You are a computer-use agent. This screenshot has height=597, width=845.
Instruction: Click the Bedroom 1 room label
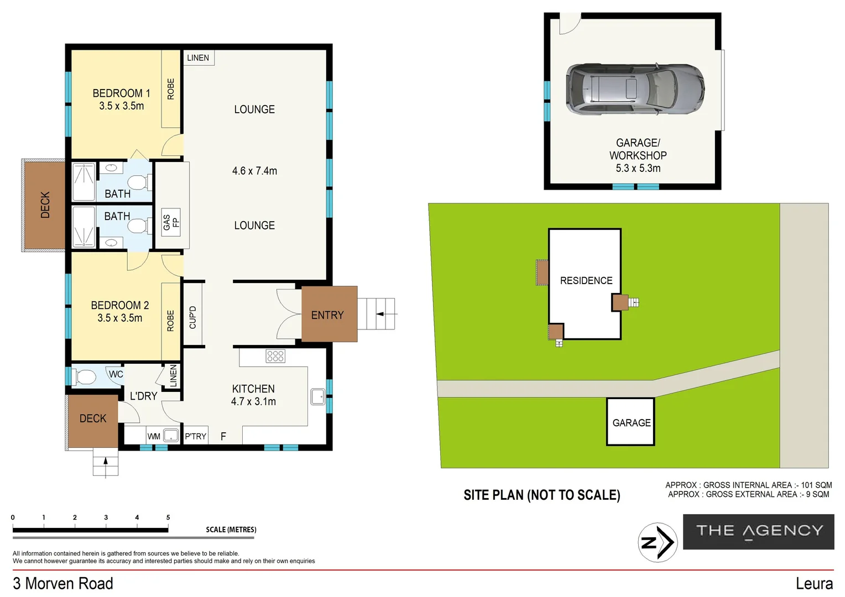121,93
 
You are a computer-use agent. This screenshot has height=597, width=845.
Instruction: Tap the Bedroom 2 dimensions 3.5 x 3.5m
120,318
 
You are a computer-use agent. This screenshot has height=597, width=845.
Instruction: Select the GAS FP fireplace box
171,222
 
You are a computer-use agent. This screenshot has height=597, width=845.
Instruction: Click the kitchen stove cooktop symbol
275,356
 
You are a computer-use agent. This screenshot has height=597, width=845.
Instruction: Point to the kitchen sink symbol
317,397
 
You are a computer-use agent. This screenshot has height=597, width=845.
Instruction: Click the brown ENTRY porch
328,315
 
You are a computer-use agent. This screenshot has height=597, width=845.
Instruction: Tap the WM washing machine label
154,436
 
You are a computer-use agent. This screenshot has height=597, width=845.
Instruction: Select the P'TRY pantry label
195,436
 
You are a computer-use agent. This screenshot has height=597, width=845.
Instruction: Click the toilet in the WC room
85,377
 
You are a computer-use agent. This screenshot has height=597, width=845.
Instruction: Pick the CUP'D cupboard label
192,317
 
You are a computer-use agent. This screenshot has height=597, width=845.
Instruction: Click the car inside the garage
635,89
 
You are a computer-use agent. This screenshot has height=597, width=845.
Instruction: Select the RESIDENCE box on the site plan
586,281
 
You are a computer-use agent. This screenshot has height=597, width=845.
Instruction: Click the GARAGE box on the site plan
631,422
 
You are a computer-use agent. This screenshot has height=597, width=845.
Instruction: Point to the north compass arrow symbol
658,542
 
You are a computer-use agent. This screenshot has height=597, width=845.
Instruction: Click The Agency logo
759,531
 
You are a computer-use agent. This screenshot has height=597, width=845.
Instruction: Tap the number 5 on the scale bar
168,517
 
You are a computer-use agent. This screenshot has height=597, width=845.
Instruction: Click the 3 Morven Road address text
63,583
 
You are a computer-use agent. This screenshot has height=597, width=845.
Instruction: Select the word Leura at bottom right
814,583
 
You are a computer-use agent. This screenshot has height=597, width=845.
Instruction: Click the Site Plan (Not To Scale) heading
541,495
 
